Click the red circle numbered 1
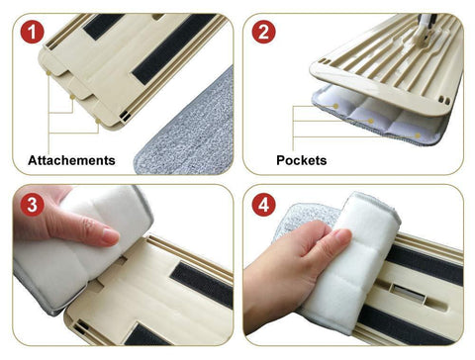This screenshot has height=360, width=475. [x=32, y=32]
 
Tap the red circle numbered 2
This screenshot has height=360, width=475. [x=263, y=32]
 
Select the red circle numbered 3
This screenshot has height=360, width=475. [x=32, y=205]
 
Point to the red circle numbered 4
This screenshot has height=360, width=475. [x=263, y=205]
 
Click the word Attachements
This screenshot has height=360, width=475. [x=71, y=160]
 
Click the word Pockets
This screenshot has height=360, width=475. [x=302, y=160]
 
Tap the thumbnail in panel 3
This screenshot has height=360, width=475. [x=110, y=235]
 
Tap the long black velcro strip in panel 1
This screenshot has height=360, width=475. [x=174, y=48]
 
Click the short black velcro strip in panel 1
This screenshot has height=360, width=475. [x=103, y=26]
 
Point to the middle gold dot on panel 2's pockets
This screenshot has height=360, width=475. [x=371, y=121]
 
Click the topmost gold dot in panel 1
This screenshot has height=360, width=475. [x=48, y=72]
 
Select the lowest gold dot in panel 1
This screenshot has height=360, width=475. [x=98, y=121]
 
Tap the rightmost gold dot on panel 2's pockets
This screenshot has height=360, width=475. [x=418, y=135]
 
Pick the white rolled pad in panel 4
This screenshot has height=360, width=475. [x=348, y=264]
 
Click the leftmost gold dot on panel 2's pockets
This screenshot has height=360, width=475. [x=335, y=106]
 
